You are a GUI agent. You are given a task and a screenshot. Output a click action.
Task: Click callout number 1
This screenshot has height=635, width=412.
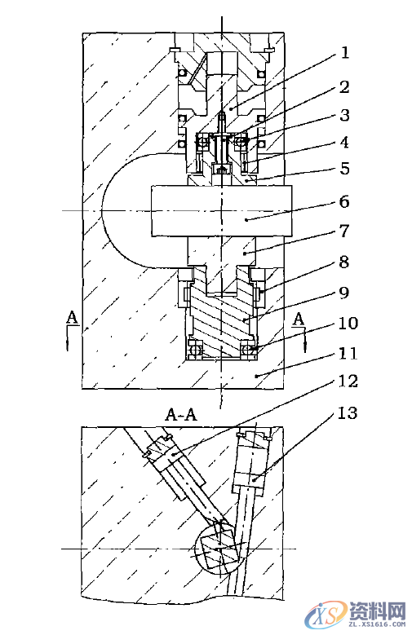point(344,53)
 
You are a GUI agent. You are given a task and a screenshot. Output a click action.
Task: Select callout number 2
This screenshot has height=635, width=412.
point(344,87)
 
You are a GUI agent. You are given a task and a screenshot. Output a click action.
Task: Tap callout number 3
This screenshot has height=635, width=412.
point(344,115)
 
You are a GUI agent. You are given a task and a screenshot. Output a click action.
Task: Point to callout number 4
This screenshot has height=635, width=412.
point(344,143)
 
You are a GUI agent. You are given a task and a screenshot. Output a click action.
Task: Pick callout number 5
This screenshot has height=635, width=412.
point(344,169)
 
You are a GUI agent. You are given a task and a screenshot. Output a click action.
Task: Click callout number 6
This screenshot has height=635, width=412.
point(344,201)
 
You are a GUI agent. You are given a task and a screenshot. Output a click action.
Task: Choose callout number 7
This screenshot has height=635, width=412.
point(344,231)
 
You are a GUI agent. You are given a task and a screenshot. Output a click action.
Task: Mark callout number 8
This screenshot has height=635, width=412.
point(344,262)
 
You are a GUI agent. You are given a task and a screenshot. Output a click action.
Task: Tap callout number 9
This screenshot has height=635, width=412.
point(344,293)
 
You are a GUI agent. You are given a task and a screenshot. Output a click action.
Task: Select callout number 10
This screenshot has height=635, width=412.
point(348,323)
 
